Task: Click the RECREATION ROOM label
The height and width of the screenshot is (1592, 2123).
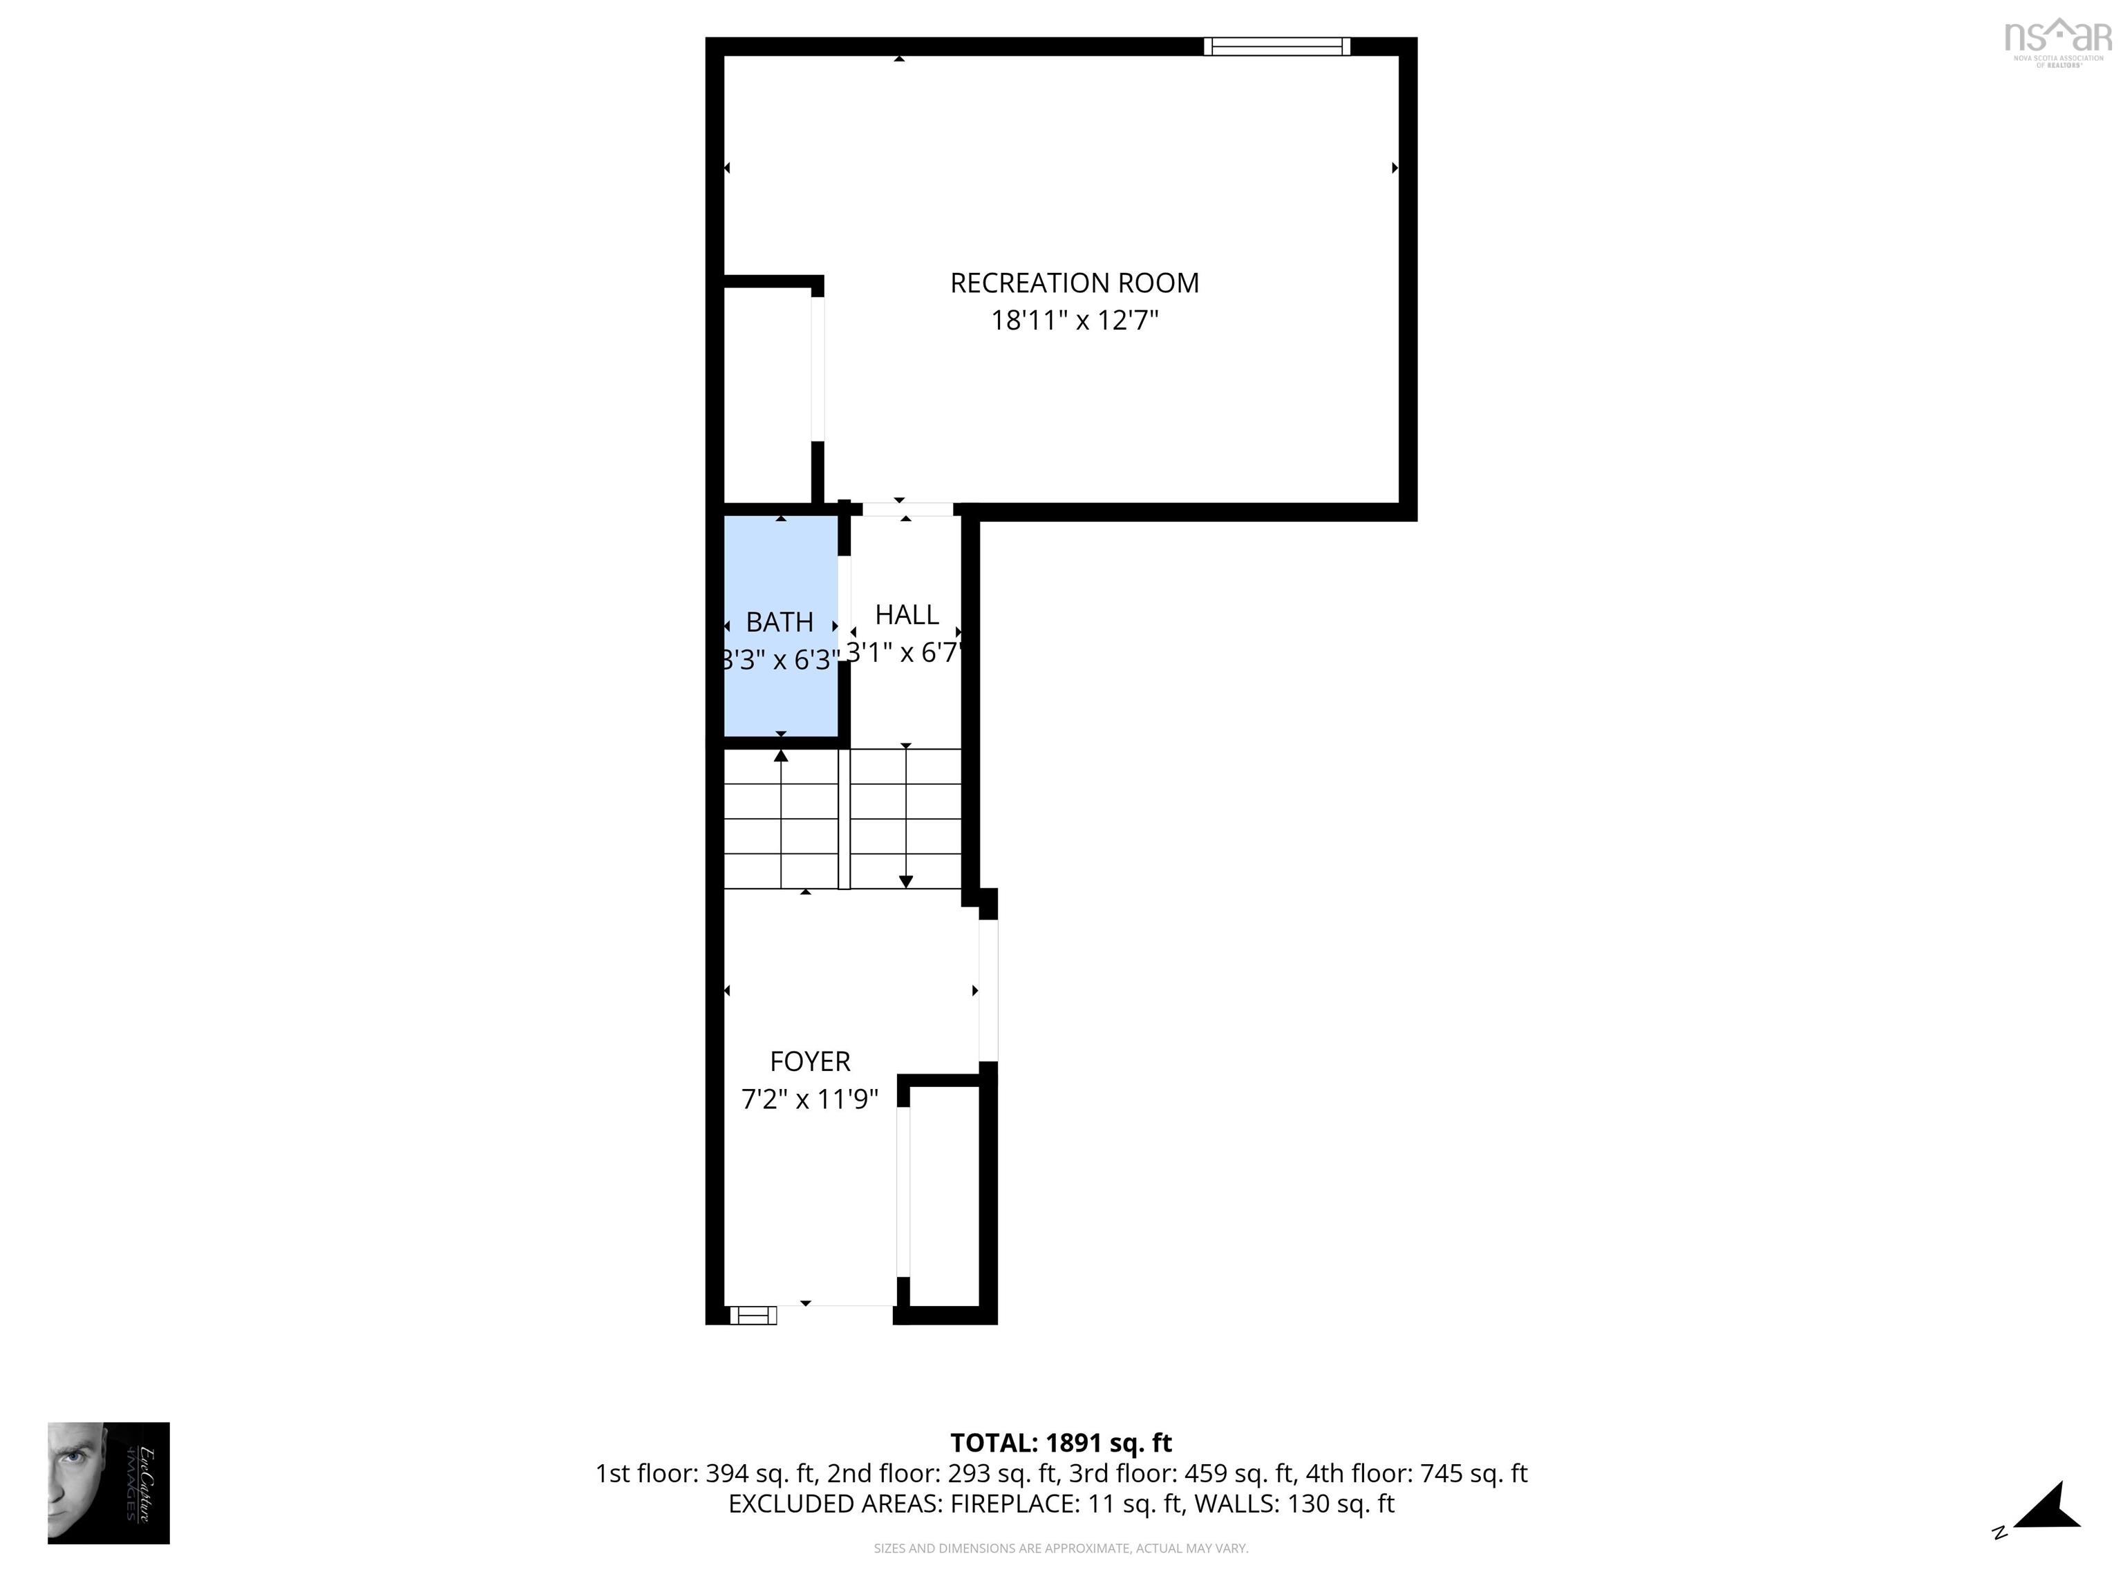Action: click(x=1074, y=283)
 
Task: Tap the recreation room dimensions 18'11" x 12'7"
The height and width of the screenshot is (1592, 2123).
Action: click(x=1074, y=321)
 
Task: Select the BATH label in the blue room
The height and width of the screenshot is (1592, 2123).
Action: click(x=780, y=623)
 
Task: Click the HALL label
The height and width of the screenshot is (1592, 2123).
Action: click(x=906, y=614)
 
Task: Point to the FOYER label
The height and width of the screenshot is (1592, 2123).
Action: click(x=809, y=1061)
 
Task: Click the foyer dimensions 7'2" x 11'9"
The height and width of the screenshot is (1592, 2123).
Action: click(x=809, y=1099)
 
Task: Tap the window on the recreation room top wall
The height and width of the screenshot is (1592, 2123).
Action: click(x=1276, y=46)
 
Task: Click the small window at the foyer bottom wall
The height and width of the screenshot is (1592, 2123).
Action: click(x=753, y=1316)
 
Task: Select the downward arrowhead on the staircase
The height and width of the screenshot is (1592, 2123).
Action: click(x=905, y=881)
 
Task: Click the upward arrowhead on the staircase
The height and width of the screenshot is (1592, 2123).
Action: click(x=781, y=756)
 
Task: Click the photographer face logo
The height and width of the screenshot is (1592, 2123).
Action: click(x=108, y=1483)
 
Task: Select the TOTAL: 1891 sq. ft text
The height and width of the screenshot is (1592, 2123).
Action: click(x=1061, y=1442)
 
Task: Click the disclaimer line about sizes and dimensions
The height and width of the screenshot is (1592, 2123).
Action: click(x=1061, y=1548)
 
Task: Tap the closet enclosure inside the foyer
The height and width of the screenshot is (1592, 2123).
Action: click(x=945, y=1195)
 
